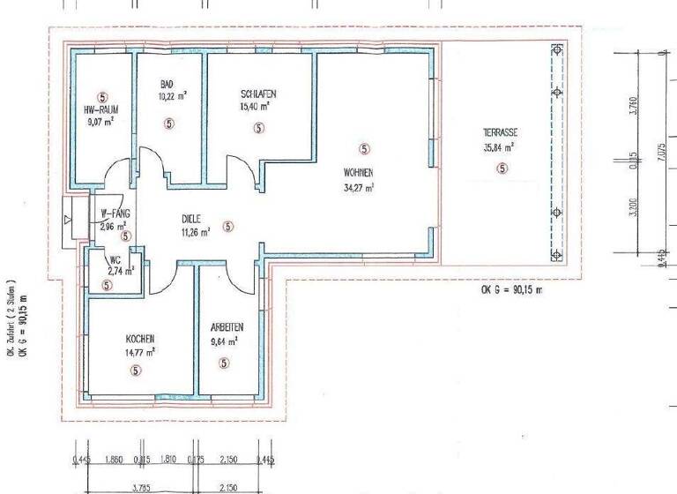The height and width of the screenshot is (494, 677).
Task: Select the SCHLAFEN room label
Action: click(258, 94)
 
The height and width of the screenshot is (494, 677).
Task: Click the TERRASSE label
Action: click(499, 131)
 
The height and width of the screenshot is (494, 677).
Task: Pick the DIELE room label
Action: click(191, 221)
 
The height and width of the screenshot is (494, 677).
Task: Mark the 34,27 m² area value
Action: click(360, 186)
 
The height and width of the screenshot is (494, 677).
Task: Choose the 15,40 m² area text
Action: click(255, 107)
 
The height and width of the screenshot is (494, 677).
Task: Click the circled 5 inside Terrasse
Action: click(502, 168)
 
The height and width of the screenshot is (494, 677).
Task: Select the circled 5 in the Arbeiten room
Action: click(224, 363)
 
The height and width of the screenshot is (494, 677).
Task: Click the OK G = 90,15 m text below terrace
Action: click(512, 289)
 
